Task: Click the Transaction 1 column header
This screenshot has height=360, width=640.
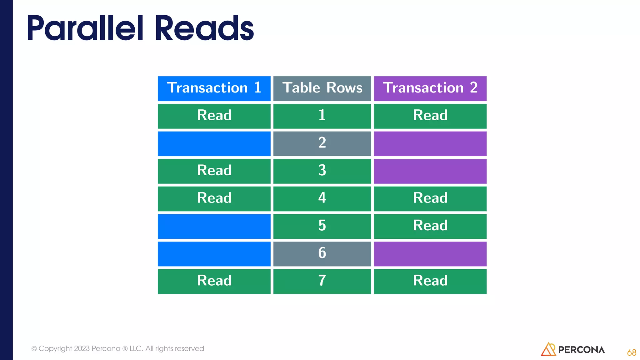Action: click(214, 88)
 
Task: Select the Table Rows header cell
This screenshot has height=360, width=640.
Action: click(322, 88)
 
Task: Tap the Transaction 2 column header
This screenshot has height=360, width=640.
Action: click(430, 88)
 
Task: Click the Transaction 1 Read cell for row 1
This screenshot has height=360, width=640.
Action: click(214, 116)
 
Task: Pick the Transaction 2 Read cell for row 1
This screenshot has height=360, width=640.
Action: click(430, 116)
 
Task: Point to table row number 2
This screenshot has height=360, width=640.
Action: click(322, 143)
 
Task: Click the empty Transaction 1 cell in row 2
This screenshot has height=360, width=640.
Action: click(214, 143)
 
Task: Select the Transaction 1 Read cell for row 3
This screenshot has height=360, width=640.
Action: click(214, 171)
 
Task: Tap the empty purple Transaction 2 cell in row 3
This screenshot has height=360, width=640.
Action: click(430, 171)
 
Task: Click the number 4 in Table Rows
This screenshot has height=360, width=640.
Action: click(322, 198)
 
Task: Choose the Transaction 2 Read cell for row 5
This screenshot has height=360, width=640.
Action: click(430, 226)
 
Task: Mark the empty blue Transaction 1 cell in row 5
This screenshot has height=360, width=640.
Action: click(214, 226)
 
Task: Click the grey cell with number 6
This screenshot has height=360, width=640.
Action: click(322, 253)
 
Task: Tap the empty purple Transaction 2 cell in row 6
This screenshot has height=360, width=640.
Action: click(430, 253)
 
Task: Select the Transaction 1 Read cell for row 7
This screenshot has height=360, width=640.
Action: click(214, 281)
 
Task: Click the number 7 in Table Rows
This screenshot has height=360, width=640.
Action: click(322, 281)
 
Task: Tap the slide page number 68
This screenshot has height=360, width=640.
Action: click(631, 353)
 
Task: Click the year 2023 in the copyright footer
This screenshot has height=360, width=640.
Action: click(82, 348)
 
